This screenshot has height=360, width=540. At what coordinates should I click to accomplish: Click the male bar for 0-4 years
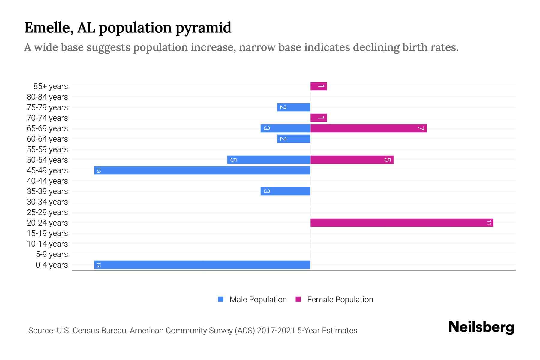tap(202, 265)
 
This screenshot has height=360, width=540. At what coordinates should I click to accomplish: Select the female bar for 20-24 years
tap(402, 223)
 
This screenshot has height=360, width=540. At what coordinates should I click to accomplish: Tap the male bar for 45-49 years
tap(202, 170)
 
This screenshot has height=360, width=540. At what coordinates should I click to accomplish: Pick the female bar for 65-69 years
tap(368, 128)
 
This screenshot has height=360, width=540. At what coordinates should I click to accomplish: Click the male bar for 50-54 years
tap(269, 160)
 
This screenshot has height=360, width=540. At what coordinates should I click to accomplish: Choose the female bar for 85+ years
tap(319, 86)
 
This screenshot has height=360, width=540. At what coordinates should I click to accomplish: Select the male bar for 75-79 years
tap(294, 107)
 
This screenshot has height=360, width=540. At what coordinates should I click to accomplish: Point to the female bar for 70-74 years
tap(319, 118)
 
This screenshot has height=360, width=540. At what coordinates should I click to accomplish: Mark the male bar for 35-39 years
tap(285, 191)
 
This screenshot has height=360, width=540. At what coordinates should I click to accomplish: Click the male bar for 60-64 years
tap(294, 139)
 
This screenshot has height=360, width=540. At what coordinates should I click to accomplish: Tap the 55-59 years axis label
tap(47, 149)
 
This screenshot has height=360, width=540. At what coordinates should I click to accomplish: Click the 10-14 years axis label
tap(47, 244)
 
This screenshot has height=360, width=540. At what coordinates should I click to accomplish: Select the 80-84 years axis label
tap(47, 97)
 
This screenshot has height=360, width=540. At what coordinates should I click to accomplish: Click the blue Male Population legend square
tap(221, 299)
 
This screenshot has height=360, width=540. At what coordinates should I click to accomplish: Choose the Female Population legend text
tap(340, 299)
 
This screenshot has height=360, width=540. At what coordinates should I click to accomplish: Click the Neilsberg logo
tap(481, 327)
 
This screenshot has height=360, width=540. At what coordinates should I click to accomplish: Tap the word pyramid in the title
tap(203, 28)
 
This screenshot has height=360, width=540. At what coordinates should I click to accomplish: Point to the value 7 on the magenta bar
tap(421, 128)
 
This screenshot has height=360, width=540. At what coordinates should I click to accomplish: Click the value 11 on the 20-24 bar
tap(489, 223)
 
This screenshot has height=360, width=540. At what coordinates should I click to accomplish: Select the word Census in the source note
tap(86, 331)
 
